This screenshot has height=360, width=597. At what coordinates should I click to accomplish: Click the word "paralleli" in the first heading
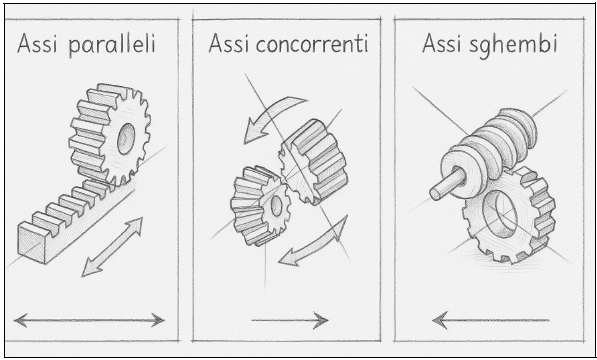pos(112,45)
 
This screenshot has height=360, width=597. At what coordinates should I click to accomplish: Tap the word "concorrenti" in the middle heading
pos(312,44)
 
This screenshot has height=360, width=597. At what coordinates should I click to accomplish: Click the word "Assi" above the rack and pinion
pos(37,44)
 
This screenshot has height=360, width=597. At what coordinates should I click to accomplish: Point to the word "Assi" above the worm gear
pos(443,43)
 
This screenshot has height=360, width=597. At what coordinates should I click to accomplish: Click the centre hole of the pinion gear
pos(126,139)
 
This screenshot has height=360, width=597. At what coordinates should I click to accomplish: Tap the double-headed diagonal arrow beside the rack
pos(112,247)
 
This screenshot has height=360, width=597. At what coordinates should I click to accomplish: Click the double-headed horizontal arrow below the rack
pos(89,320)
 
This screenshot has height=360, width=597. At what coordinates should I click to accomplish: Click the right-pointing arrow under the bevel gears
pos(290,320)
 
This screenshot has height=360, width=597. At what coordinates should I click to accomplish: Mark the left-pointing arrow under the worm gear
pos(490,320)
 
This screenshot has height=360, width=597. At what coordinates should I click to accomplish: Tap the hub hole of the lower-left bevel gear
pos(276,206)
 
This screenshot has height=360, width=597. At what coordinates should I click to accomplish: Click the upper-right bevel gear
pos(313,161)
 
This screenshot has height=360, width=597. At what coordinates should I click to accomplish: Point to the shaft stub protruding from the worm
pos(447,184)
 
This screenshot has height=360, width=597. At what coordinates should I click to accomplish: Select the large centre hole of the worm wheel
pos(500,214)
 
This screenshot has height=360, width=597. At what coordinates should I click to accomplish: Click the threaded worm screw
pos(489,147)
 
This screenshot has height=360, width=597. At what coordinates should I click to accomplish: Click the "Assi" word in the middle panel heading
pos(228,44)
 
